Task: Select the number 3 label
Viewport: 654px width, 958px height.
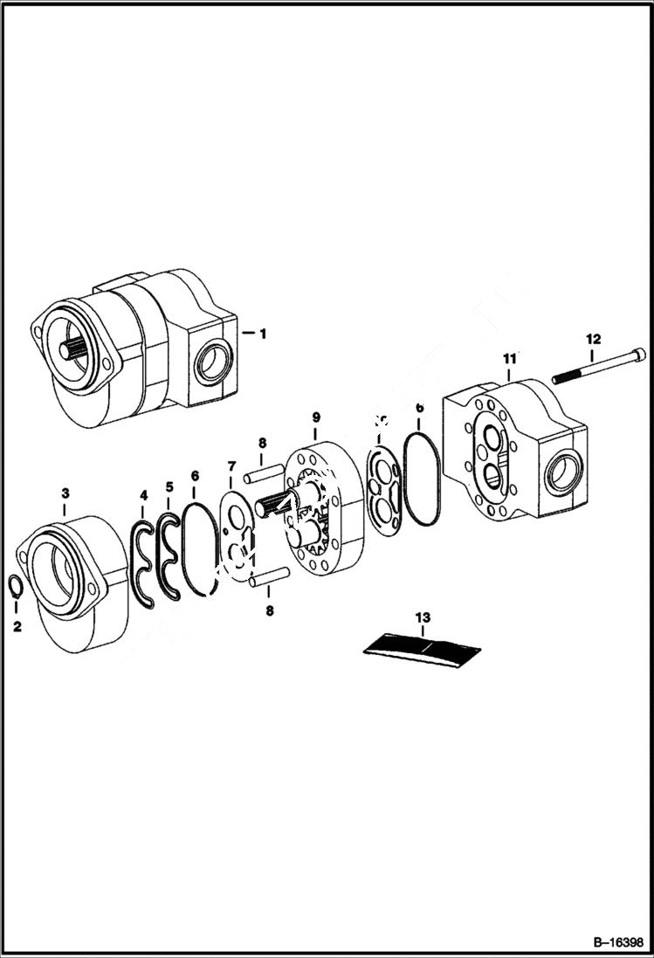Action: [x=65, y=494]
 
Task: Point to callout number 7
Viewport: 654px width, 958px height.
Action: [x=231, y=466]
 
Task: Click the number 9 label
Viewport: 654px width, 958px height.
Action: [x=316, y=419]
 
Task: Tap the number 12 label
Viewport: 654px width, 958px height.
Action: [x=593, y=338]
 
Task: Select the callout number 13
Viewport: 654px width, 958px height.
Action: [x=423, y=618]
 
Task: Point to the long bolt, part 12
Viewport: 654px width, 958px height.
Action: [x=602, y=367]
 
